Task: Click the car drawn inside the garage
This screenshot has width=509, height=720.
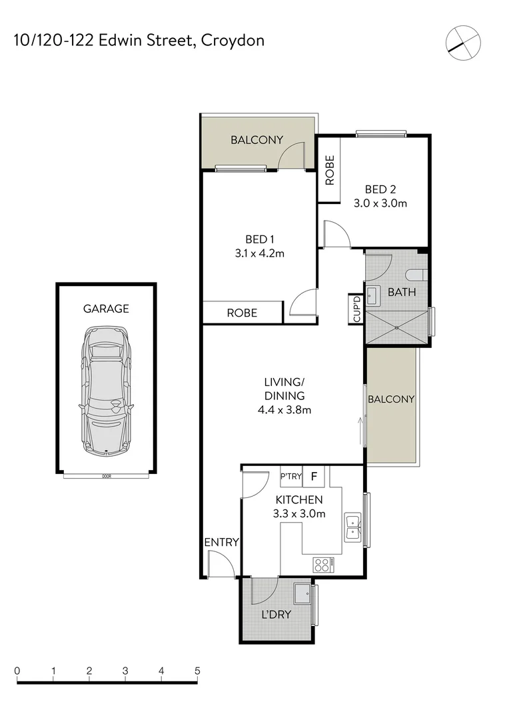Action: coord(106,391)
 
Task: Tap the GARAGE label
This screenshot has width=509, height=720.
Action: coord(106,309)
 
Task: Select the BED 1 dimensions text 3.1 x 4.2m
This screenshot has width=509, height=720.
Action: coord(260,253)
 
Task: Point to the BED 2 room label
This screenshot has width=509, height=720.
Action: coord(380,188)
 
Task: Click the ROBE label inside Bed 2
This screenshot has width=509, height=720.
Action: coord(329,170)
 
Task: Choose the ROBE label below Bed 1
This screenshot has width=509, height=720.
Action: coord(242,313)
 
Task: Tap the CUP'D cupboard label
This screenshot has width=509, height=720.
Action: coord(356,309)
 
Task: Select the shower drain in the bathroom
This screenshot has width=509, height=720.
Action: coord(397,328)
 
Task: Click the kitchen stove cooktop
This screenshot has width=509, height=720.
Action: coord(322,565)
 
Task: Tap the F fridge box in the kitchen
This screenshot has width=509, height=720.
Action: coord(315,477)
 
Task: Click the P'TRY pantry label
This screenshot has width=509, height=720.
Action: coord(291,477)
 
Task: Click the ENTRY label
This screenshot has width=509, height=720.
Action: coord(221,543)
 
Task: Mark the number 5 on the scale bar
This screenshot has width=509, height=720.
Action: coord(197,671)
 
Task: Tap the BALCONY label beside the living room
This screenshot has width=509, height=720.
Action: coord(391,399)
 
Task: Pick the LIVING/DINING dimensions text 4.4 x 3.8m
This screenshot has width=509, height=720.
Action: coord(284,410)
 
